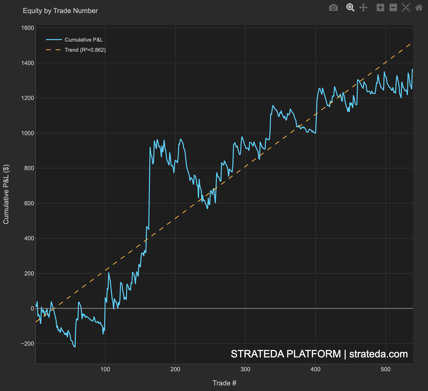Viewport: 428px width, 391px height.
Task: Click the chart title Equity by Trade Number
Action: (60, 11)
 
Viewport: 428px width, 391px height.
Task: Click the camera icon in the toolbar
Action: (333, 7)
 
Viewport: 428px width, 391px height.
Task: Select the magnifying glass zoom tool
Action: (350, 7)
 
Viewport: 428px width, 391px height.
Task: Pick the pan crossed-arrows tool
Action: (363, 7)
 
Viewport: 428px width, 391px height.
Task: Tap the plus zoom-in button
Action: (380, 7)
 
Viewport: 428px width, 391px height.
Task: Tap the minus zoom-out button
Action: (393, 7)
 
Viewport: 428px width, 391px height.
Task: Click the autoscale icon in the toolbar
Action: (406, 7)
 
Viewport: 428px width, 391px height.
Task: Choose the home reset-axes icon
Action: (419, 7)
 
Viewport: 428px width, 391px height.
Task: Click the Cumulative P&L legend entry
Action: (84, 40)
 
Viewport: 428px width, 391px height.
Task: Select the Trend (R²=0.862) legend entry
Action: (85, 50)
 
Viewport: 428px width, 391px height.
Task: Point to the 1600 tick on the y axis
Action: (28, 28)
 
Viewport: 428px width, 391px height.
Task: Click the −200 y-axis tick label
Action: (28, 344)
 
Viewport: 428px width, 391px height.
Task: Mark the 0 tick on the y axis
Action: (32, 308)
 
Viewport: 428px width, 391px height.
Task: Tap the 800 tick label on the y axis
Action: (29, 168)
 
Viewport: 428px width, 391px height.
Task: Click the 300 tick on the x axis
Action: (245, 369)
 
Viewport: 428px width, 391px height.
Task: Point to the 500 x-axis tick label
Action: (385, 369)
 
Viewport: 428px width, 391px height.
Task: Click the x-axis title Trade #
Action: (224, 383)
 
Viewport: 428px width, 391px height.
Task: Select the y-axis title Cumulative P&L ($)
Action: (6, 194)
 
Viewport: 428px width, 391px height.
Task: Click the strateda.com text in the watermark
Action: (378, 354)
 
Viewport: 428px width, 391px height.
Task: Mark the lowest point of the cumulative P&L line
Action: (75, 347)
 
